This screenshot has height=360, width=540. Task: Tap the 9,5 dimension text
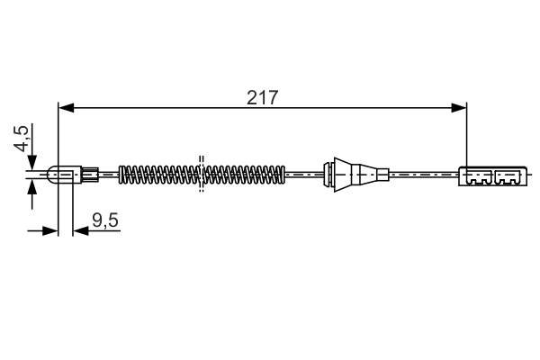point(106,219)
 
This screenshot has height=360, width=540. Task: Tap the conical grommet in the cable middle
point(355,175)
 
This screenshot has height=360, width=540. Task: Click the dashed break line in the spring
point(202,174)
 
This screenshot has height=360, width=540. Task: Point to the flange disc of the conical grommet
point(332,175)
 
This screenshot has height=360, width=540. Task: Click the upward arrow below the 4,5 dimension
point(32,187)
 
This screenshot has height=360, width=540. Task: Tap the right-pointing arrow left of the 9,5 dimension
point(52,231)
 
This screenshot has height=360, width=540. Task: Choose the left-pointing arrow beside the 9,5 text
point(79,231)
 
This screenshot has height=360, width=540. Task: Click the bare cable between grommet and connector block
point(423,175)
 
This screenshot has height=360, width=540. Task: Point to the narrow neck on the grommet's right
point(382,175)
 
